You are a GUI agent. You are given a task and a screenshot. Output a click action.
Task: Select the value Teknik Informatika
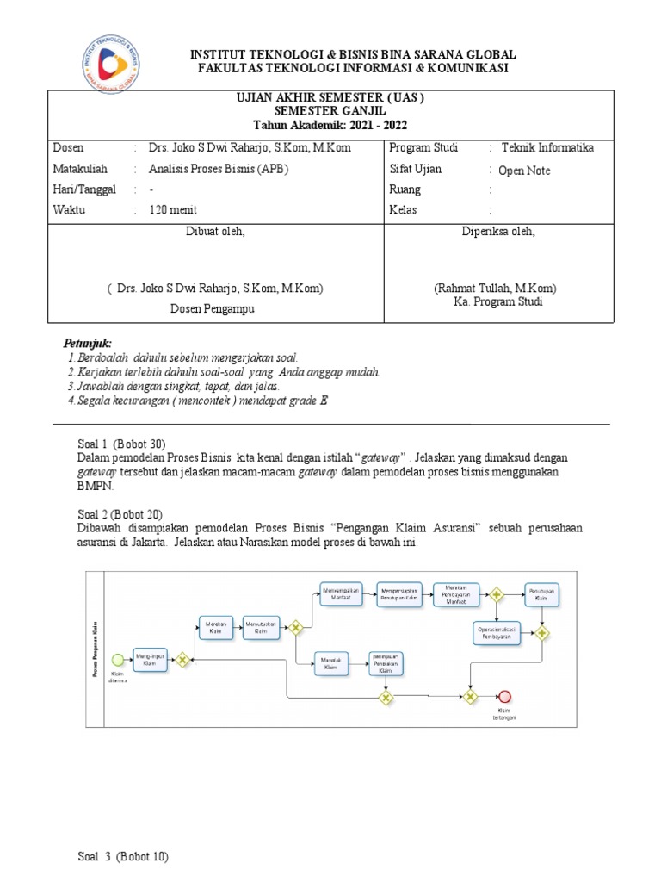coord(547,147)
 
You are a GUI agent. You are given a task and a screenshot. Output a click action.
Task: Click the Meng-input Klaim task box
coord(149,659)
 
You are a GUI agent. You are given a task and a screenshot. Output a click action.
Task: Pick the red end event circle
coord(505,697)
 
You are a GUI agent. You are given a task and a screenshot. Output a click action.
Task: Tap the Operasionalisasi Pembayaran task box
coord(497,632)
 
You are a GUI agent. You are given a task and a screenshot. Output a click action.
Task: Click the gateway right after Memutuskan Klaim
coord(295,628)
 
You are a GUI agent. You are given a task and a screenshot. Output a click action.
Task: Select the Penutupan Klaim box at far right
coord(541,595)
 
